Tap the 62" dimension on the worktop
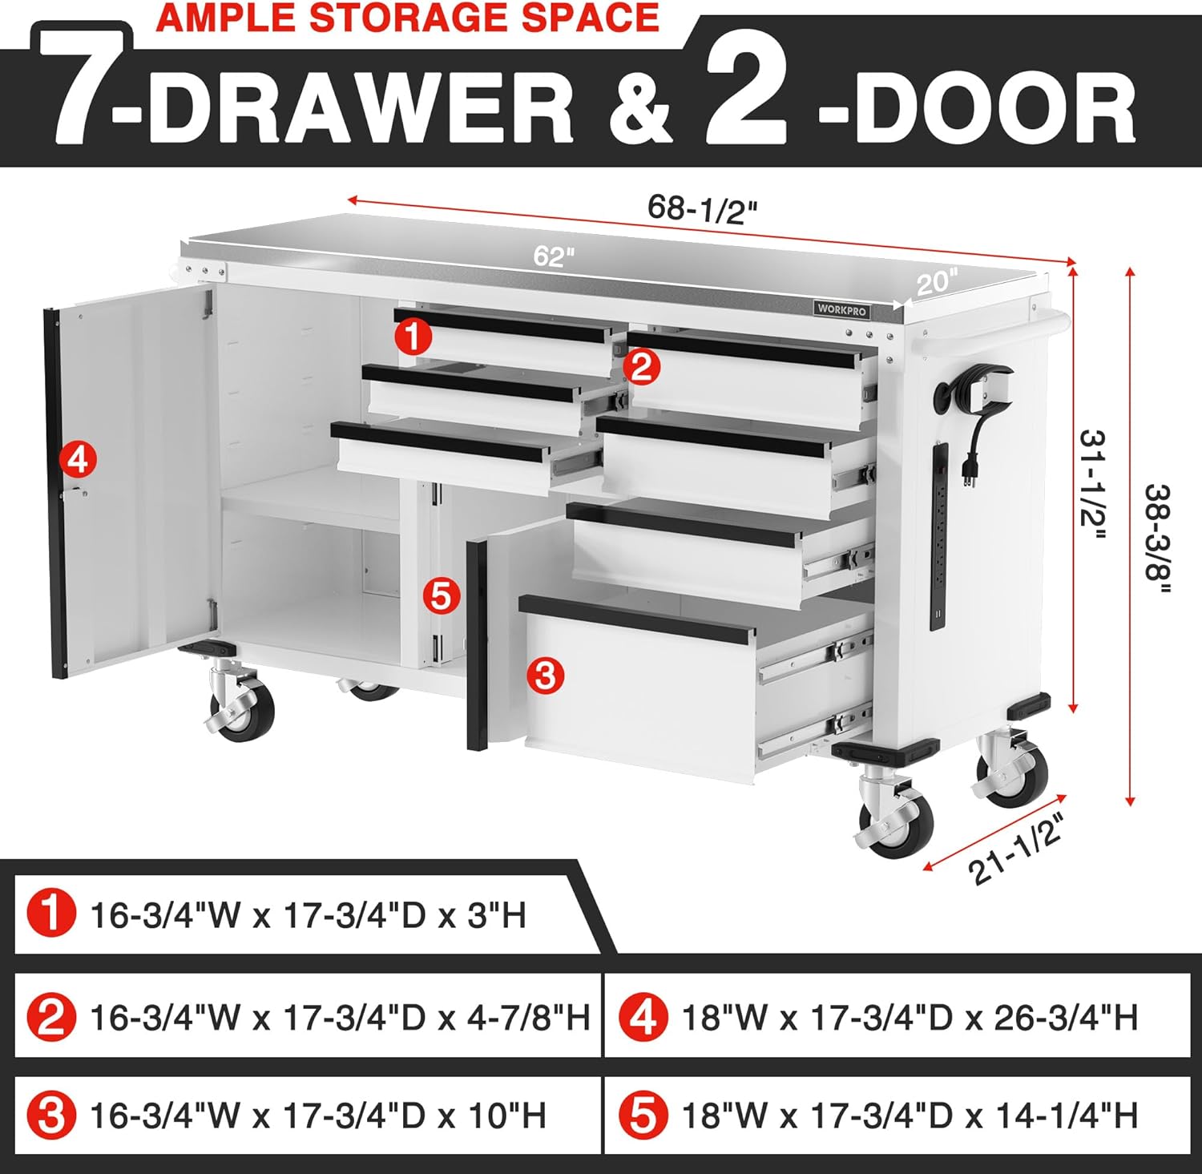[555, 256]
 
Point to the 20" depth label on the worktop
[935, 282]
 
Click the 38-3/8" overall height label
[1156, 538]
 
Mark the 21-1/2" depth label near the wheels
[1018, 849]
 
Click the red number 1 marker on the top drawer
[413, 337]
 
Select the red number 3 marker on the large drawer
[545, 675]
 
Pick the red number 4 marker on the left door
[78, 461]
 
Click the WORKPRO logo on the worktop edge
[841, 309]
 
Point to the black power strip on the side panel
[940, 535]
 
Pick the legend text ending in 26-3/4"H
[910, 1018]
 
